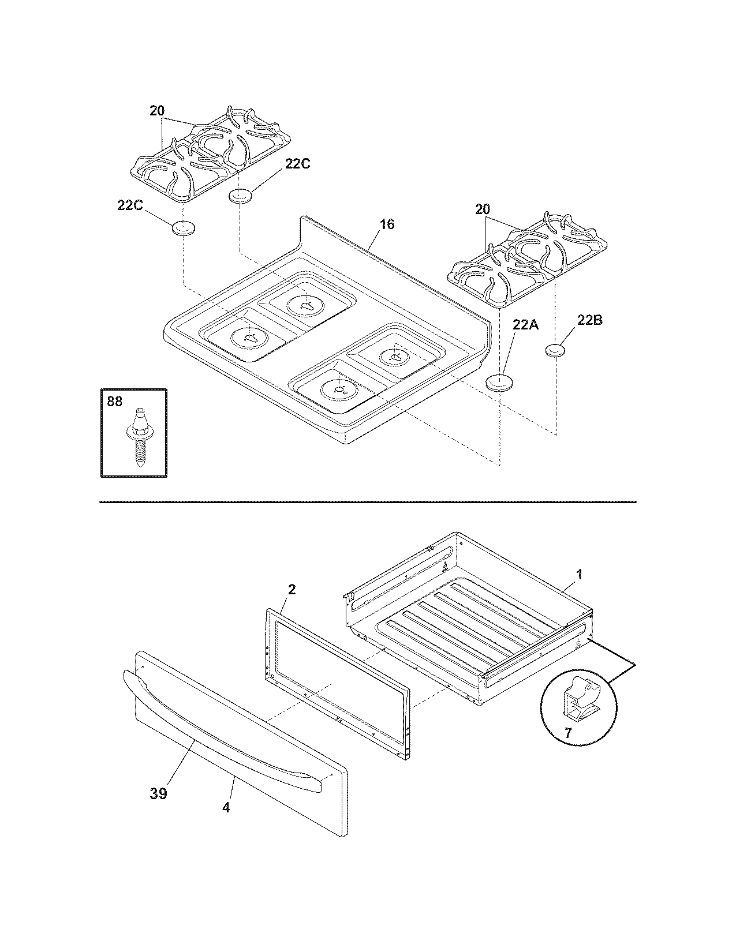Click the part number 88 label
pyautogui.click(x=115, y=400)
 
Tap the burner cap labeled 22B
pyautogui.click(x=555, y=350)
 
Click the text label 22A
pyautogui.click(x=525, y=325)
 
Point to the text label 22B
pyautogui.click(x=590, y=320)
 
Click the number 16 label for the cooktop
pyautogui.click(x=387, y=224)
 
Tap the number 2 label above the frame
pyautogui.click(x=292, y=589)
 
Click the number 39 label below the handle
pyautogui.click(x=159, y=794)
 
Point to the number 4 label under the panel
pyautogui.click(x=226, y=808)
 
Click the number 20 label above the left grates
pyautogui.click(x=157, y=111)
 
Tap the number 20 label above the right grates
pyautogui.click(x=482, y=210)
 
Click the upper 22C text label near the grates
pyautogui.click(x=297, y=164)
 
